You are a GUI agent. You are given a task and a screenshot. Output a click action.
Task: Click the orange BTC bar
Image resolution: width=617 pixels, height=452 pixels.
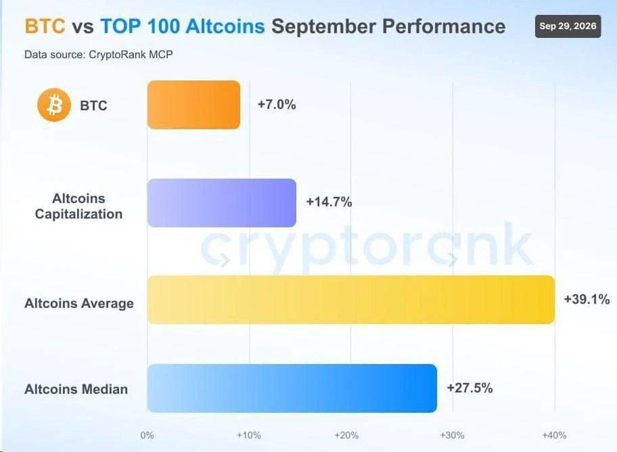(x=193, y=105)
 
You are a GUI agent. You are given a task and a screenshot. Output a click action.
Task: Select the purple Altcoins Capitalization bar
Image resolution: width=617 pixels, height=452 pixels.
(x=222, y=203)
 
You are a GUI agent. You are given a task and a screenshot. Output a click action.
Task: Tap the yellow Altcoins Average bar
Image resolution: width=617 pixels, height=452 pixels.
(x=351, y=300)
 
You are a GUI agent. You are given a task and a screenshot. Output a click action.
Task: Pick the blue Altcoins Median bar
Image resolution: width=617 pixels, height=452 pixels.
(x=292, y=388)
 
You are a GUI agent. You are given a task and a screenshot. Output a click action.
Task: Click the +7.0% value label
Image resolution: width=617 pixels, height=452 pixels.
(x=277, y=104)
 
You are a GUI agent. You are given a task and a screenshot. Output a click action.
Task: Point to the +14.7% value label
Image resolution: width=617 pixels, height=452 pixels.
(x=329, y=202)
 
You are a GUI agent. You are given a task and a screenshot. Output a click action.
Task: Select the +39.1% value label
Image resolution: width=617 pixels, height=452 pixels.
(x=587, y=299)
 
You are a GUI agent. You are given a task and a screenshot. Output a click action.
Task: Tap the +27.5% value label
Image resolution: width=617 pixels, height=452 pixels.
(x=470, y=388)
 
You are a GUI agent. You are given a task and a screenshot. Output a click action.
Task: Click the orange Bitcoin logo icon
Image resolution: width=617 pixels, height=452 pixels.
(x=54, y=105)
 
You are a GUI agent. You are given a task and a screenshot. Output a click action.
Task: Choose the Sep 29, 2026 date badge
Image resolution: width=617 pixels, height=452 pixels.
(x=568, y=26)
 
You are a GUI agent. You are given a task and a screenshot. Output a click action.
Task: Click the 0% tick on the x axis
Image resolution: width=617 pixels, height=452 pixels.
(x=147, y=435)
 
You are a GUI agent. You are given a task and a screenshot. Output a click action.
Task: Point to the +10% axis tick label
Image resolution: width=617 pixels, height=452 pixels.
(x=249, y=435)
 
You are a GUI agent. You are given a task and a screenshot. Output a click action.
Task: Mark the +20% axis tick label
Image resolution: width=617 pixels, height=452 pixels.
(x=346, y=435)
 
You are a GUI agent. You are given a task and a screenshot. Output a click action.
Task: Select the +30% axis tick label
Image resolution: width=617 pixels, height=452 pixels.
(x=452, y=435)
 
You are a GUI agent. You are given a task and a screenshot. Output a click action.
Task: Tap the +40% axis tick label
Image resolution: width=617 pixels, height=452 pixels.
(x=554, y=435)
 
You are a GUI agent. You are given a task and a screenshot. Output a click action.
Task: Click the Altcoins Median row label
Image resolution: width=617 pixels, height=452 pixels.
(x=76, y=389)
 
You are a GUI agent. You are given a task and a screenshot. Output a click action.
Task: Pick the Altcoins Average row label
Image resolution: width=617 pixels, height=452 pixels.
(x=79, y=303)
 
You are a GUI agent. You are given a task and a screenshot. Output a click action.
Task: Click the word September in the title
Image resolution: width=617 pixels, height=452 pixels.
(x=323, y=27)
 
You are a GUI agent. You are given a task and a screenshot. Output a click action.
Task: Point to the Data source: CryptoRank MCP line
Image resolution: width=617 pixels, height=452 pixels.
(x=98, y=54)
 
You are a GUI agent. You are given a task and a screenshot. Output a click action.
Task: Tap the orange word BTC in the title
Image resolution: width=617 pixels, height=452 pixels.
(x=45, y=26)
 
